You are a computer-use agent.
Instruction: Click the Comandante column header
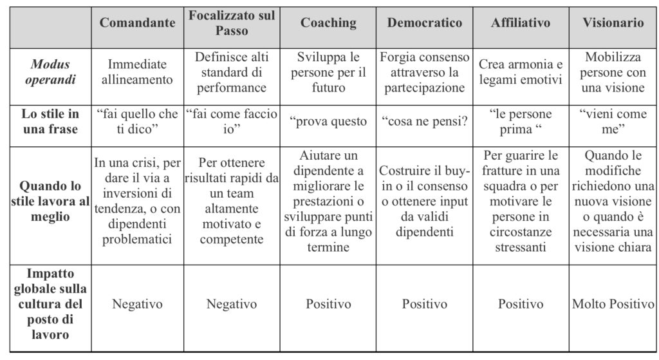point(137,23)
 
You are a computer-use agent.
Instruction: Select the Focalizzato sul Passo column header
point(232,23)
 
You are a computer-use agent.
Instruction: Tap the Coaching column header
point(328,23)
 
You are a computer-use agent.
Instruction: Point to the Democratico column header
point(425,23)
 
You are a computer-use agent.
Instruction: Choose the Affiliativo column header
point(521,23)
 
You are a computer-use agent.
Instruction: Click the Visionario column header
point(613,23)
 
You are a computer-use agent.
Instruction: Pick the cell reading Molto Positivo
point(613,304)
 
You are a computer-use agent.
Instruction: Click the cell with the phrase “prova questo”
point(328,122)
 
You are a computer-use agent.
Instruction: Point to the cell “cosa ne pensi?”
point(425,122)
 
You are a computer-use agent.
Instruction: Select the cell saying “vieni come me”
point(613,122)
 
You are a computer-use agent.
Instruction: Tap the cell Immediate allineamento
point(137,72)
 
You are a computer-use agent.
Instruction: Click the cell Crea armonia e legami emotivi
point(521,72)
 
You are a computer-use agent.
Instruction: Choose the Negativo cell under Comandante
point(137,304)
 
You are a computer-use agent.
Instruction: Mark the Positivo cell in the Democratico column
point(425,304)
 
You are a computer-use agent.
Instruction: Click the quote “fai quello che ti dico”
point(137,122)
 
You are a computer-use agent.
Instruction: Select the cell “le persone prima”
point(521,122)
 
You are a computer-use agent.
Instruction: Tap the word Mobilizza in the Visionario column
point(613,57)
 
